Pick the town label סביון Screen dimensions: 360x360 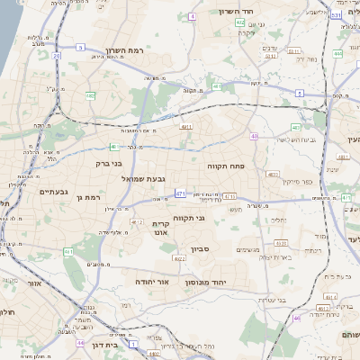click(200, 249)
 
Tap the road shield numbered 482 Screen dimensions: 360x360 click(90, 94)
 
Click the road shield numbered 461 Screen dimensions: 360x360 click(67, 252)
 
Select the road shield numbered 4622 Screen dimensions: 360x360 click(179, 259)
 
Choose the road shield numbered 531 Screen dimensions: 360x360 click(335, 16)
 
